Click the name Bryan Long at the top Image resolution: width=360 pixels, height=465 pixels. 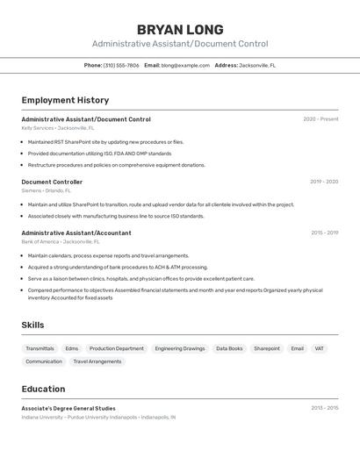(180, 30)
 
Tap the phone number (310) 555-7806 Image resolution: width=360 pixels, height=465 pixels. (121, 65)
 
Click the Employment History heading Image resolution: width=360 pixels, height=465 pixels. (65, 100)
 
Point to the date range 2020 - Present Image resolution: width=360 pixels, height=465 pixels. (320, 119)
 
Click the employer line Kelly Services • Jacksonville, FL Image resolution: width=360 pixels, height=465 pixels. (60, 128)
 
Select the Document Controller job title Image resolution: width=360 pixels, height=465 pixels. (52, 182)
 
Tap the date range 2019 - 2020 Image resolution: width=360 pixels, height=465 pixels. (324, 182)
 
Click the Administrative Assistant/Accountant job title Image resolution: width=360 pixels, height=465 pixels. (76, 232)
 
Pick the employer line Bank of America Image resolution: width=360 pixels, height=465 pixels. (61, 241)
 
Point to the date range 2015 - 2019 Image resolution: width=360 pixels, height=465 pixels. (324, 232)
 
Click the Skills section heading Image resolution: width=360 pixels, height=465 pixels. (32, 325)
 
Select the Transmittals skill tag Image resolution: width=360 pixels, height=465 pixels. (40, 348)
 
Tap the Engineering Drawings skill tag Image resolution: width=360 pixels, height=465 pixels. (180, 348)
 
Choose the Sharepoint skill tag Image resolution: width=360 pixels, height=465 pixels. (267, 348)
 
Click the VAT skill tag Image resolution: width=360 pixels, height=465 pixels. (320, 348)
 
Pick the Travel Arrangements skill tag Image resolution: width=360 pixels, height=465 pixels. (97, 361)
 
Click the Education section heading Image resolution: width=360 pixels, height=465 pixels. (43, 389)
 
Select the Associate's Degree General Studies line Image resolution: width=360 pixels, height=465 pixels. (68, 408)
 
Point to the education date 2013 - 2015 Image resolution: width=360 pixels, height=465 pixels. (324, 408)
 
